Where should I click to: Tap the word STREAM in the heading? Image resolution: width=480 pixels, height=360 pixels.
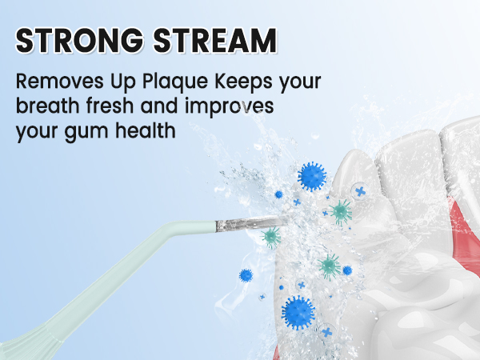pyautogui.click(x=214, y=41)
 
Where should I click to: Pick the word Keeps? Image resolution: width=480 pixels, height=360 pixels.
pyautogui.click(x=236, y=83)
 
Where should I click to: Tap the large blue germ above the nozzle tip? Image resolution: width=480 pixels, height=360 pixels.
pyautogui.click(x=310, y=176)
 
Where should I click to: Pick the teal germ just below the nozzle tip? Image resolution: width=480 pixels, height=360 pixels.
pyautogui.click(x=272, y=236)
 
